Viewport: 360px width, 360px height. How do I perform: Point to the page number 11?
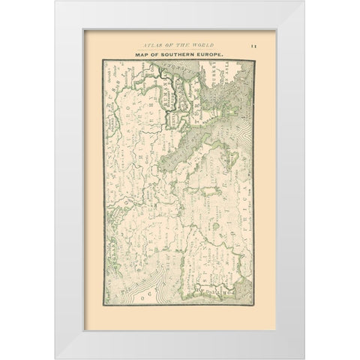[x=253, y=46]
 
